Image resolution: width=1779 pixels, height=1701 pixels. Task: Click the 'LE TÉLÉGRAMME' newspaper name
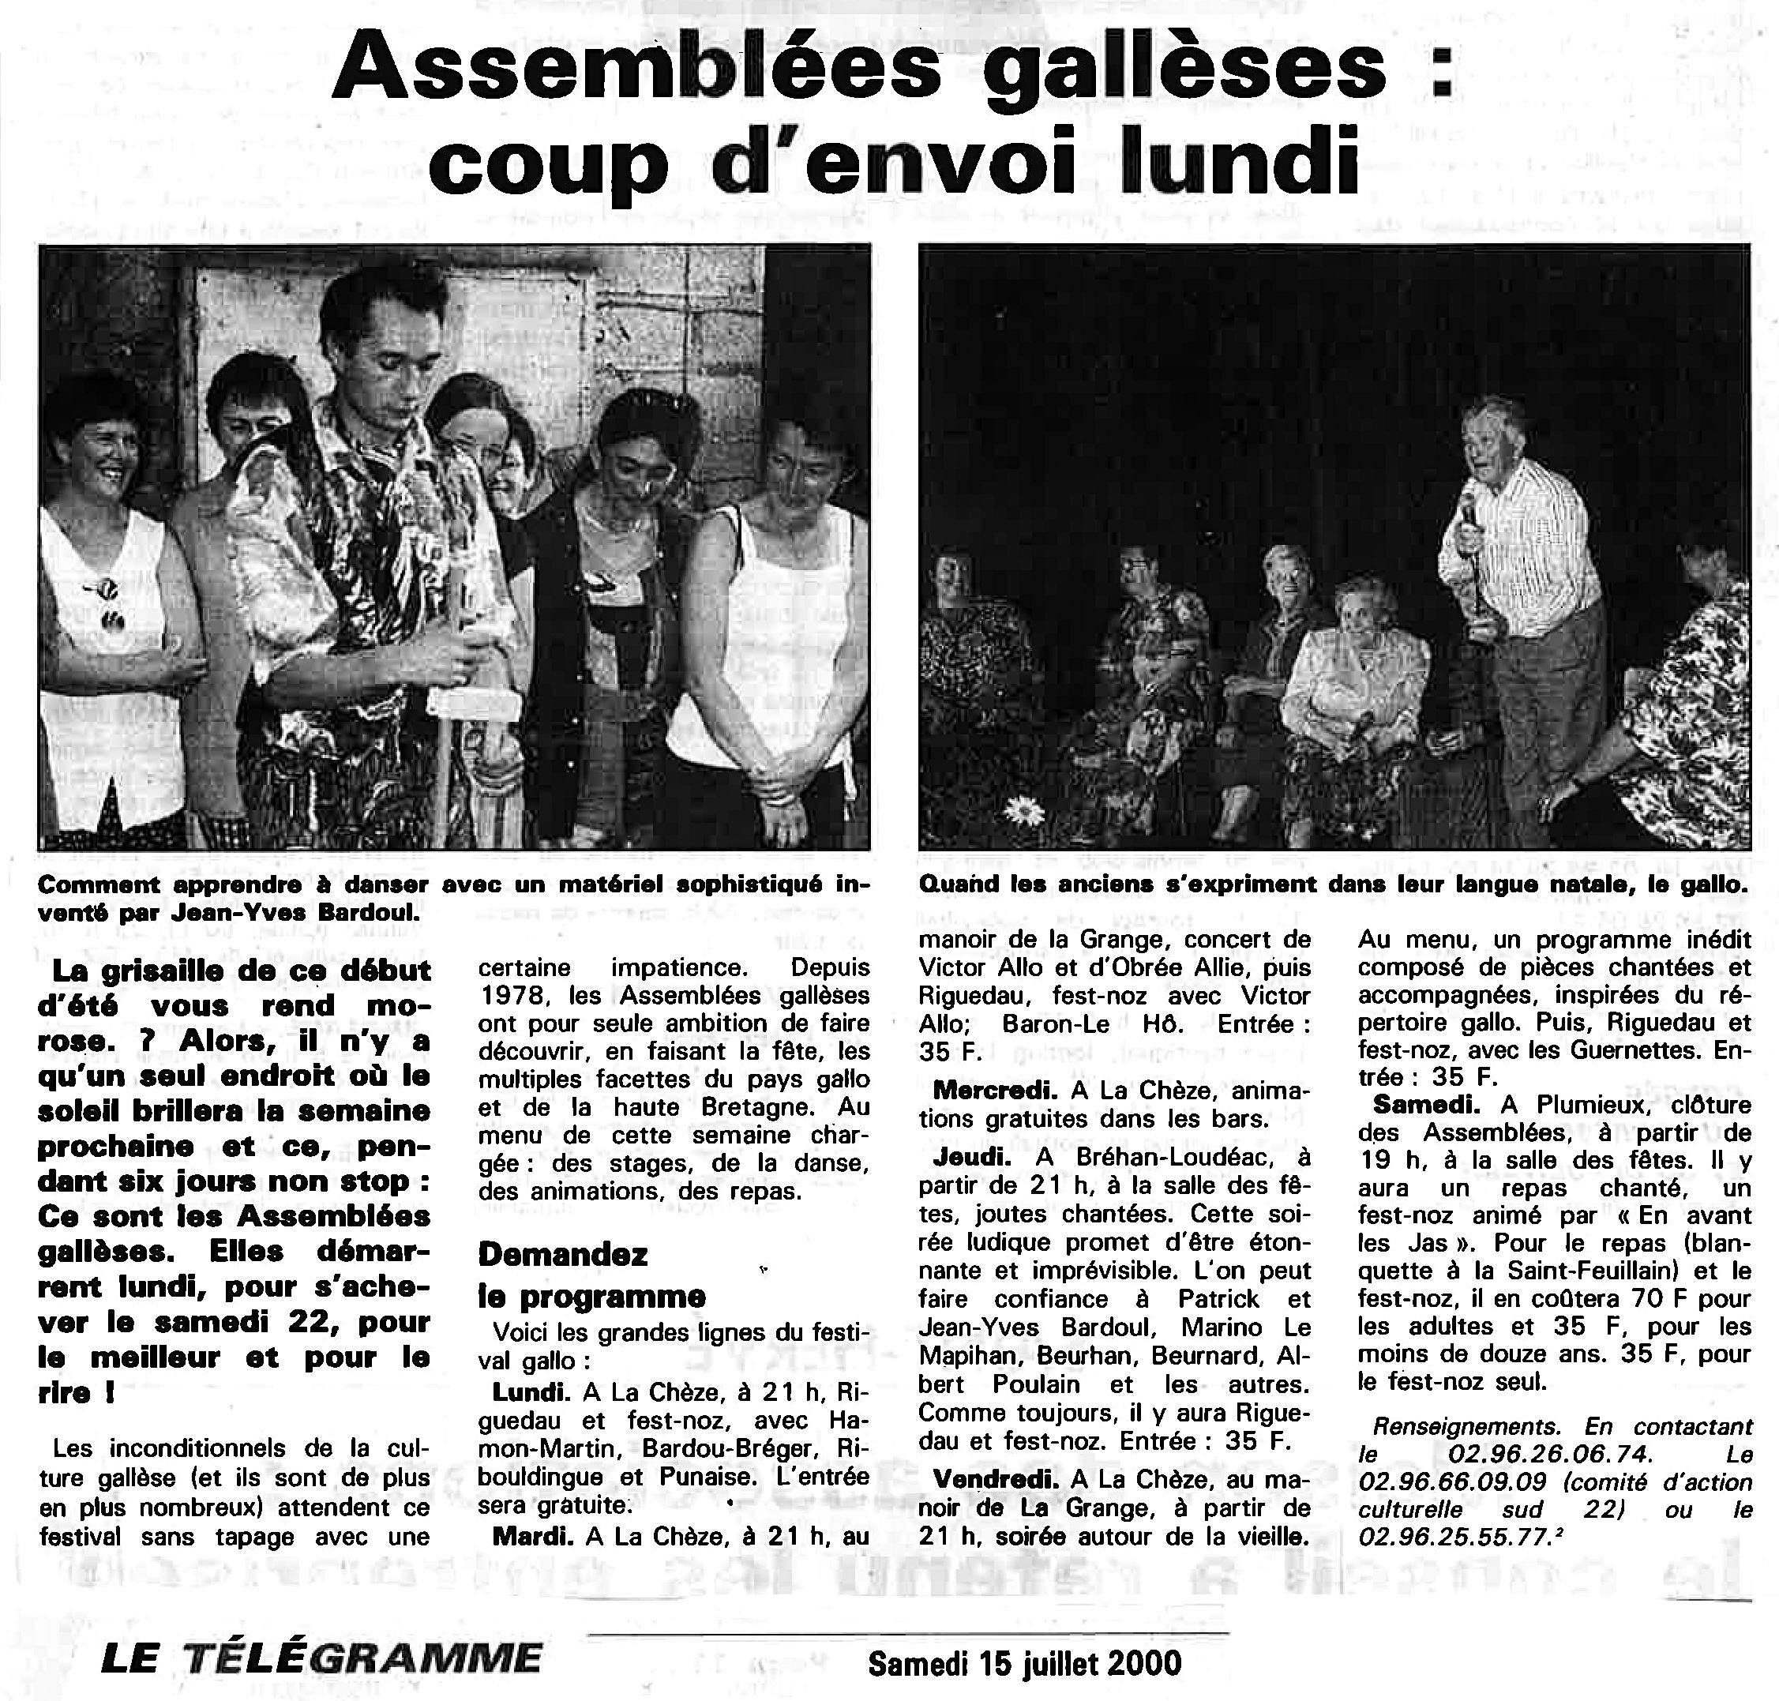tap(321, 1658)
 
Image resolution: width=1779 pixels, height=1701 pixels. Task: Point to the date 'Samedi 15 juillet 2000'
tap(1025, 1663)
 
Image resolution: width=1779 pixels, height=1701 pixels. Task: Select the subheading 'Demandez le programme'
tap(591, 1275)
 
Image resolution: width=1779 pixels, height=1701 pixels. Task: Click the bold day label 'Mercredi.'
tap(989, 1090)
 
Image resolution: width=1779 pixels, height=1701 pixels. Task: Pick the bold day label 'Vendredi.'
tap(995, 1478)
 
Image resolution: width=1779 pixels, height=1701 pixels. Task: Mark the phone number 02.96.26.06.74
tap(1551, 1454)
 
